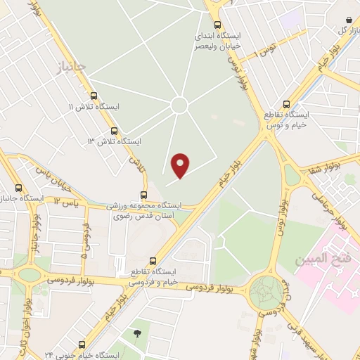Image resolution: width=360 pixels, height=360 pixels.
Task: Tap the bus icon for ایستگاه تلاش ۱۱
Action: click(94, 96)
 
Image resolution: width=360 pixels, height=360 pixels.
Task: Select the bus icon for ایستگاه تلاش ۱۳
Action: click(114, 131)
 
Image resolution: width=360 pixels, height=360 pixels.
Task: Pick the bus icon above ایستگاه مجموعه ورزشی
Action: click(143, 195)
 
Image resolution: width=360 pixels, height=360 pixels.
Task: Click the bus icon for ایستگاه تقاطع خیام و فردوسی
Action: click(153, 260)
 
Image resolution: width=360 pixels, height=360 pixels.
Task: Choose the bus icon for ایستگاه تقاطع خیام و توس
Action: click(285, 103)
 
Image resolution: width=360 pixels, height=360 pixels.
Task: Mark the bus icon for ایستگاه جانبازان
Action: click(18, 188)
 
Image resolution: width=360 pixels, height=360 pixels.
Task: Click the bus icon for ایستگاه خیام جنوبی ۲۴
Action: click(82, 345)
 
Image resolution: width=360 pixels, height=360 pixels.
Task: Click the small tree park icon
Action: click(136, 333)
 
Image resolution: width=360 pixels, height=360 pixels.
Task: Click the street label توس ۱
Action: click(264, 49)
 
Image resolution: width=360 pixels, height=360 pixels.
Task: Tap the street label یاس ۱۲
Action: click(63, 203)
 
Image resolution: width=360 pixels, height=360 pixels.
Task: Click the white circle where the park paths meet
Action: click(179, 105)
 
